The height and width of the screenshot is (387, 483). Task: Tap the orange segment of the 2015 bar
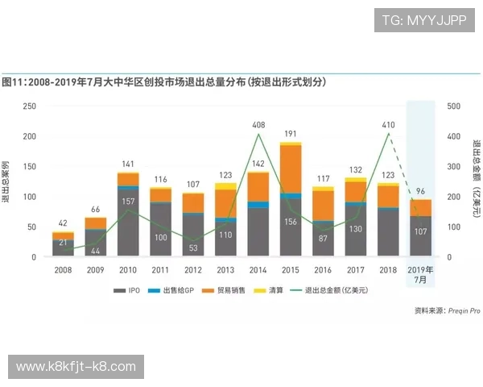[x=291, y=169]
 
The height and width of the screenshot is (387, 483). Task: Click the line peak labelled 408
[x=258, y=134]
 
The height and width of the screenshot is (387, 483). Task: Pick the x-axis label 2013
[x=225, y=269]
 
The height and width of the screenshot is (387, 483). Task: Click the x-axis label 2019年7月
[x=421, y=273]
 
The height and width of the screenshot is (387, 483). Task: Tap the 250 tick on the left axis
[x=29, y=106]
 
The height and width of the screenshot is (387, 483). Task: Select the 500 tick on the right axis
[x=452, y=106]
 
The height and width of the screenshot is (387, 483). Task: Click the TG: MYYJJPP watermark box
[x=424, y=19]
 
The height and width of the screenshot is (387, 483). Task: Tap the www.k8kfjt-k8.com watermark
[x=76, y=367]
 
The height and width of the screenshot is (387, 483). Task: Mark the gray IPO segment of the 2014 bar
[x=258, y=232]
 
